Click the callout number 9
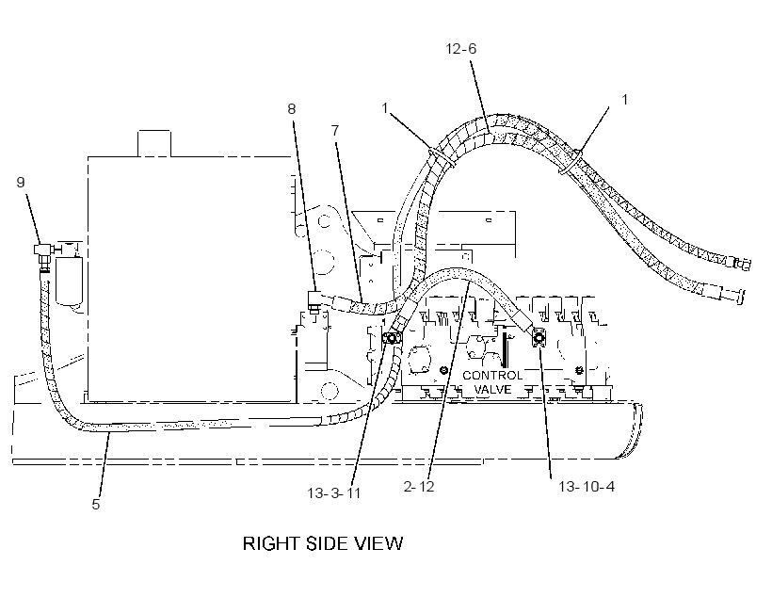[20, 183]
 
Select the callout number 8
[292, 109]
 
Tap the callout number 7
[335, 131]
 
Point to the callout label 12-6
[461, 49]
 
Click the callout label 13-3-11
[334, 493]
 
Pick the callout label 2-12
[419, 487]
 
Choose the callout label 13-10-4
[587, 487]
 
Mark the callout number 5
[96, 505]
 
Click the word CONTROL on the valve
[491, 376]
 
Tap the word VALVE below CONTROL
[492, 389]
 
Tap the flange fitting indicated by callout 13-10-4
[539, 338]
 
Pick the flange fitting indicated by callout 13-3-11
[392, 338]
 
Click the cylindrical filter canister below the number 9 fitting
[69, 279]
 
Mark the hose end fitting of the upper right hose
[742, 265]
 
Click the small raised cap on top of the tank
[154, 143]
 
